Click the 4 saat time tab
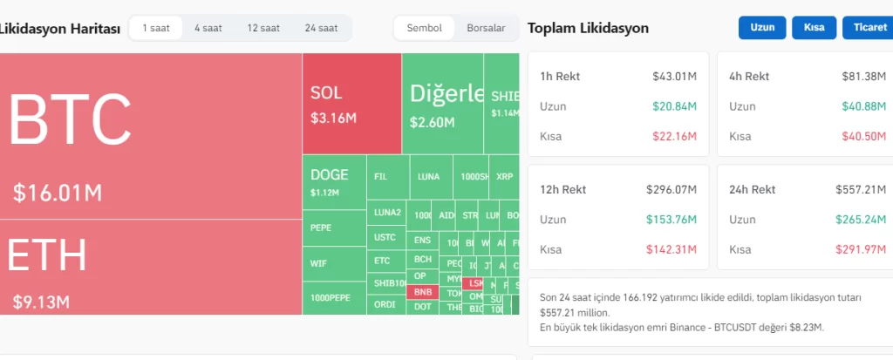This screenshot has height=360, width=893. (208, 28)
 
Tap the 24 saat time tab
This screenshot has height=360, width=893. (321, 28)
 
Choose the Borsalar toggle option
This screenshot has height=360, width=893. (486, 28)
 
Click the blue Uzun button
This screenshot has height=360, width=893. (762, 28)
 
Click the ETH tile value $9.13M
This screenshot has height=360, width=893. (40, 302)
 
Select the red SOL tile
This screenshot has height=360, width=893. (351, 103)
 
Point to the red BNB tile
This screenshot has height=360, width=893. (423, 292)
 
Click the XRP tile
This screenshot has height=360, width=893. (504, 176)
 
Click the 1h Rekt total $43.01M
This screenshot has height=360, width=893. (674, 77)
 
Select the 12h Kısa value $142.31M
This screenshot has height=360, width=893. (671, 249)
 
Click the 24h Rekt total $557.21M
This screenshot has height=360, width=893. (861, 189)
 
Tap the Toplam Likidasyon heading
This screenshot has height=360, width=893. (588, 28)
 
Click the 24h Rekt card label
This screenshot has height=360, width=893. (752, 189)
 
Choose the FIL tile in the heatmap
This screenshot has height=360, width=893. (380, 176)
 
